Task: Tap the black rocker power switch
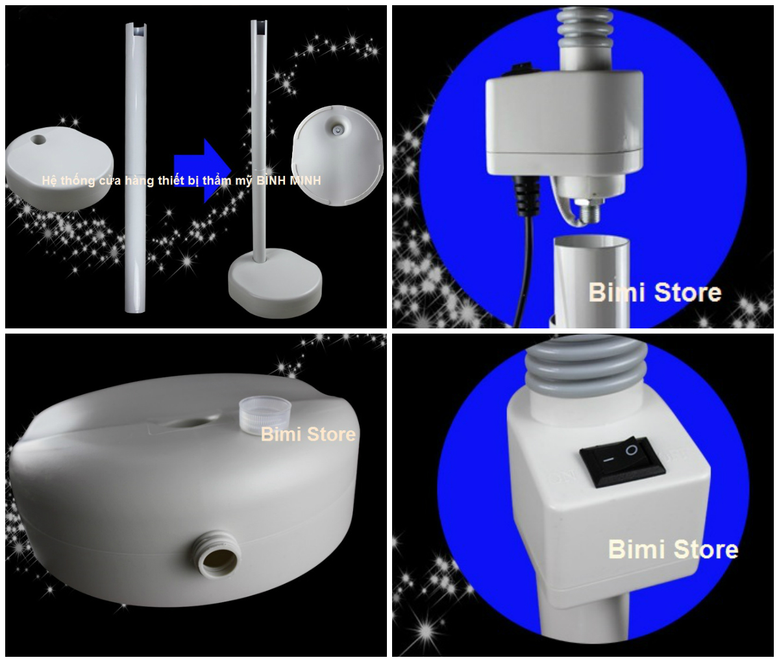pos(622,462)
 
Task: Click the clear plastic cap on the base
pos(265,415)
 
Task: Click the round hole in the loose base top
pos(38,140)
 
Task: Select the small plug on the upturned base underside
pos(336,130)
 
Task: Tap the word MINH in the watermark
pos(305,180)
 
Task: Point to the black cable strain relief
pos(524,195)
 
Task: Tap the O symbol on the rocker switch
pos(632,450)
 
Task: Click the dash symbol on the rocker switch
pos(607,460)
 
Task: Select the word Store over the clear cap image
pos(332,434)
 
